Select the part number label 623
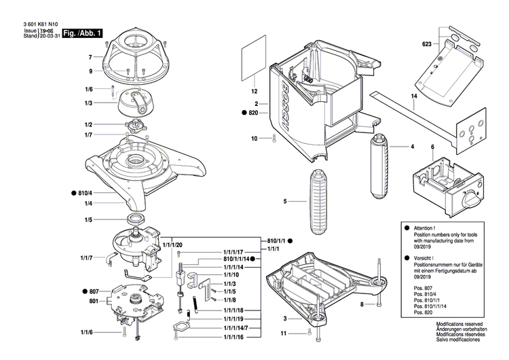[x=426, y=44]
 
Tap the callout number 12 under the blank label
[x=254, y=90]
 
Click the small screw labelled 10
[x=273, y=139]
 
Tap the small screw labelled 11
[x=309, y=333]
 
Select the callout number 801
[x=92, y=301]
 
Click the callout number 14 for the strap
[x=413, y=97]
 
